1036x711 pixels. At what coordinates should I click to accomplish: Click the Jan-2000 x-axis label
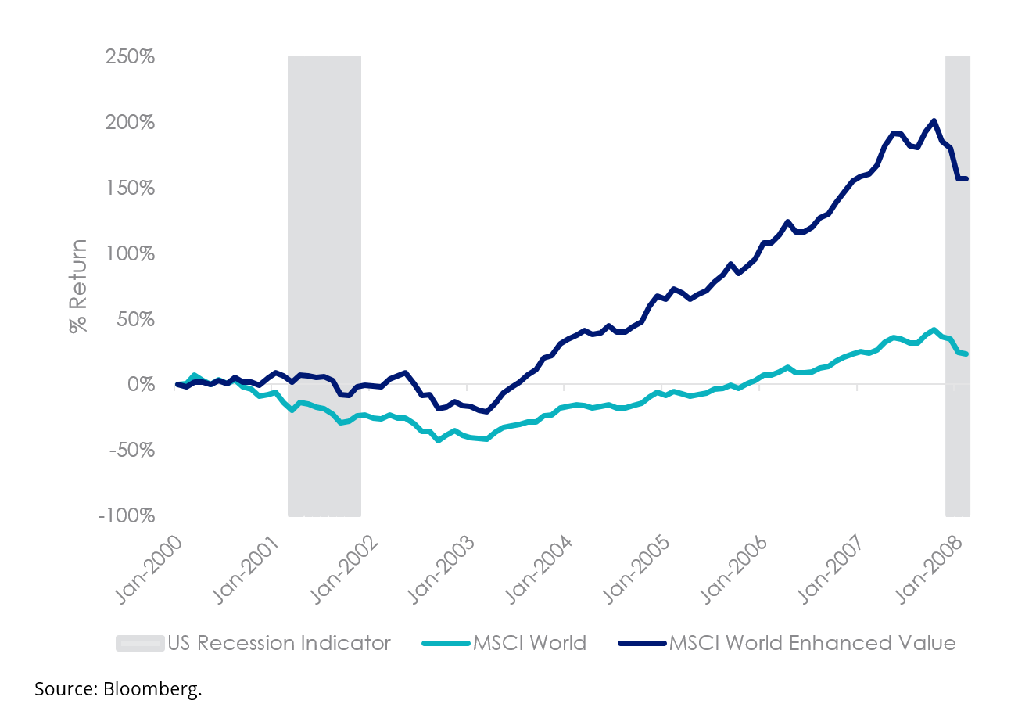coord(149,569)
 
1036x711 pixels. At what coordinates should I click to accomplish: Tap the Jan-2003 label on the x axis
coord(440,569)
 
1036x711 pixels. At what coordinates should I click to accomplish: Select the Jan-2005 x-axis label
coord(635,569)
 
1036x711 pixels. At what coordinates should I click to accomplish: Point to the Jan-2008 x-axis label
coord(927,569)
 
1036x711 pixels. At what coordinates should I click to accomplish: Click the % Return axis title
coord(78,286)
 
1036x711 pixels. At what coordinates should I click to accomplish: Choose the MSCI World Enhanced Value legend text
coord(812,643)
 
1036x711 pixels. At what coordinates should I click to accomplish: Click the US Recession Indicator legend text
coord(279,643)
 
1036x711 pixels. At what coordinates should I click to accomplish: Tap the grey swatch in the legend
coord(140,643)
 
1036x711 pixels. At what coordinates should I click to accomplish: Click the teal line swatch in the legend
coord(446,643)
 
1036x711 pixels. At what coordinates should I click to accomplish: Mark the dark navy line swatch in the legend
coord(642,643)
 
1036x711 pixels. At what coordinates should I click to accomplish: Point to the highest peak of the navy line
coord(934,121)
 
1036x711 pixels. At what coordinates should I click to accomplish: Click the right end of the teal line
coord(966,354)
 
